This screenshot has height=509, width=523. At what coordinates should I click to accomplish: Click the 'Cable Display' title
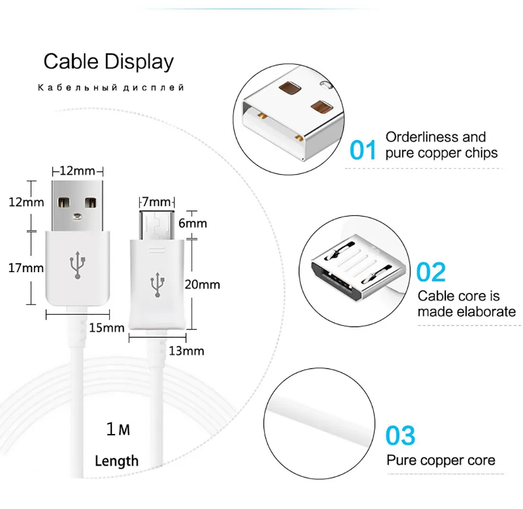[108, 62]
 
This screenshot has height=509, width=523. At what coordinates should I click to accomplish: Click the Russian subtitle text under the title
[111, 88]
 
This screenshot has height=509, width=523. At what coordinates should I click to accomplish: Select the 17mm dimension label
[26, 268]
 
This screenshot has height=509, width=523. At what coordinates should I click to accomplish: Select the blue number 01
[363, 150]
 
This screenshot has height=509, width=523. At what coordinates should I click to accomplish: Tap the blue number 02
[431, 272]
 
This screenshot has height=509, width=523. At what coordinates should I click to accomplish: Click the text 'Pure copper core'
[440, 460]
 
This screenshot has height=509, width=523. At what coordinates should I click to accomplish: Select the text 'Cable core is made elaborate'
[466, 304]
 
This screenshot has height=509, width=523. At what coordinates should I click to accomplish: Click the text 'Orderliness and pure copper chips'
[441, 145]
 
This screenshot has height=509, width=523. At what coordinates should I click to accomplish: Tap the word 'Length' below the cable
[117, 461]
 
